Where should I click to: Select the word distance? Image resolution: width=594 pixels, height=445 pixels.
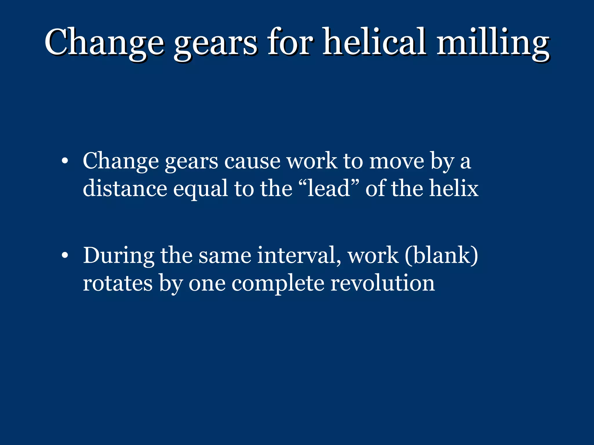pos(125,189)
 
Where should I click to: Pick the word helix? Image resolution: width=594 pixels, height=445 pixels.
pos(454,189)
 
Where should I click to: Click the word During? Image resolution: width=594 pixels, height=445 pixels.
pos(119,256)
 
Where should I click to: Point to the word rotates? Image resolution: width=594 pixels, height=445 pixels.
pos(118,283)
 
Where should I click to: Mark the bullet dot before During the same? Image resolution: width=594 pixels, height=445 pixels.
pos(65,255)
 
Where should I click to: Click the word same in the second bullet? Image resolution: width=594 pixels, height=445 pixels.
pos(225,256)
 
